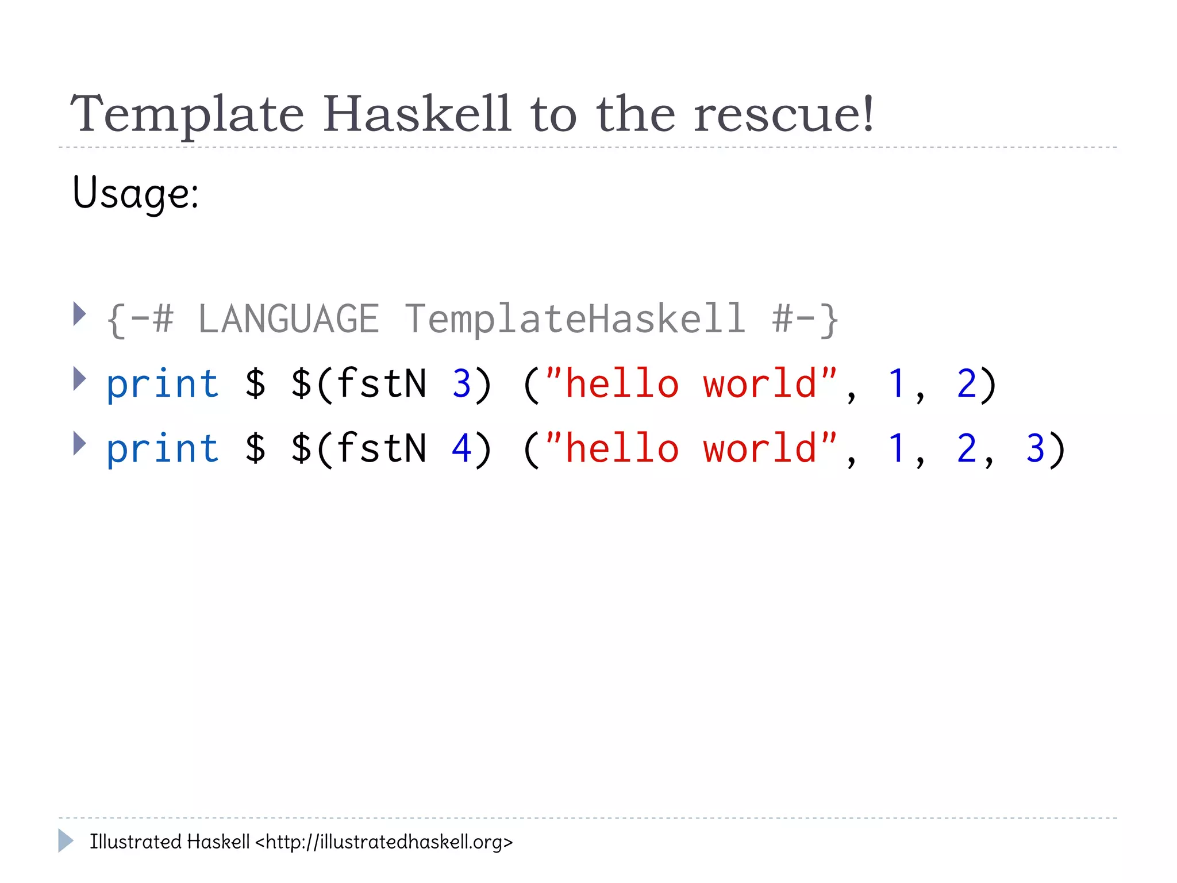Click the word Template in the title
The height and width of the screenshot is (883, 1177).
[x=187, y=114]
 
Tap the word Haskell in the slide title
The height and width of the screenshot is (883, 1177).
[x=416, y=113]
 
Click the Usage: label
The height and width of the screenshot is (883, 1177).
[x=136, y=193]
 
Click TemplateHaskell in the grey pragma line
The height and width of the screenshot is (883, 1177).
[x=575, y=319]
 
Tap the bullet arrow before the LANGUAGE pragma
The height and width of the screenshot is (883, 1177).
[x=79, y=314]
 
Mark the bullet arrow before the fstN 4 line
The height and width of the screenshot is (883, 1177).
[x=79, y=443]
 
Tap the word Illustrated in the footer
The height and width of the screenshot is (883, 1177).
[x=136, y=842]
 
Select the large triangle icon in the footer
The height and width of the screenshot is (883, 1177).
[x=66, y=840]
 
